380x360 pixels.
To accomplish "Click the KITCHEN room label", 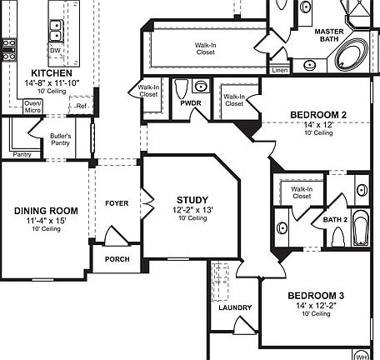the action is point(52,73).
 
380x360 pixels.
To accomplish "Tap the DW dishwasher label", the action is point(55,51).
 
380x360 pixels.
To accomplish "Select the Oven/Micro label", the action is point(32,107).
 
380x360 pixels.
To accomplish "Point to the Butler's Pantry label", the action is point(60,139).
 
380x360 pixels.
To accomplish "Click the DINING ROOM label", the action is point(46,211).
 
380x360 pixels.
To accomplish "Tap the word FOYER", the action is point(117,203).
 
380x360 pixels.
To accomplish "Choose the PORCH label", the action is point(117,259).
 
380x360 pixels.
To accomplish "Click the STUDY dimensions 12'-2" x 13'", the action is point(192,210).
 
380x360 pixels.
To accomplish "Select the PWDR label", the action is point(191,103).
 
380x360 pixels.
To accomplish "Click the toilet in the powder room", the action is point(182,88).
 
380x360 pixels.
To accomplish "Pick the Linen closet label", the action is point(280,70).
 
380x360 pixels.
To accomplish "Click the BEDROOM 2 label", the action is point(318,115).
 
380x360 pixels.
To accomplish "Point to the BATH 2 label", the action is point(335,220).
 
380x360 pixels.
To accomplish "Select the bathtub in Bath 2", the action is point(361,227).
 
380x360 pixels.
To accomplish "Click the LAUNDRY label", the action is point(235,307).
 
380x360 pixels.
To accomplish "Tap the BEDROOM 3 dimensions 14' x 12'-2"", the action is point(316,306).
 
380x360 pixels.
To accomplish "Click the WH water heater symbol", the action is point(361,355).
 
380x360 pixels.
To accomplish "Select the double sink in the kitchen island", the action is point(57,30).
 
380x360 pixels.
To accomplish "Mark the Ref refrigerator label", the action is point(82,106).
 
